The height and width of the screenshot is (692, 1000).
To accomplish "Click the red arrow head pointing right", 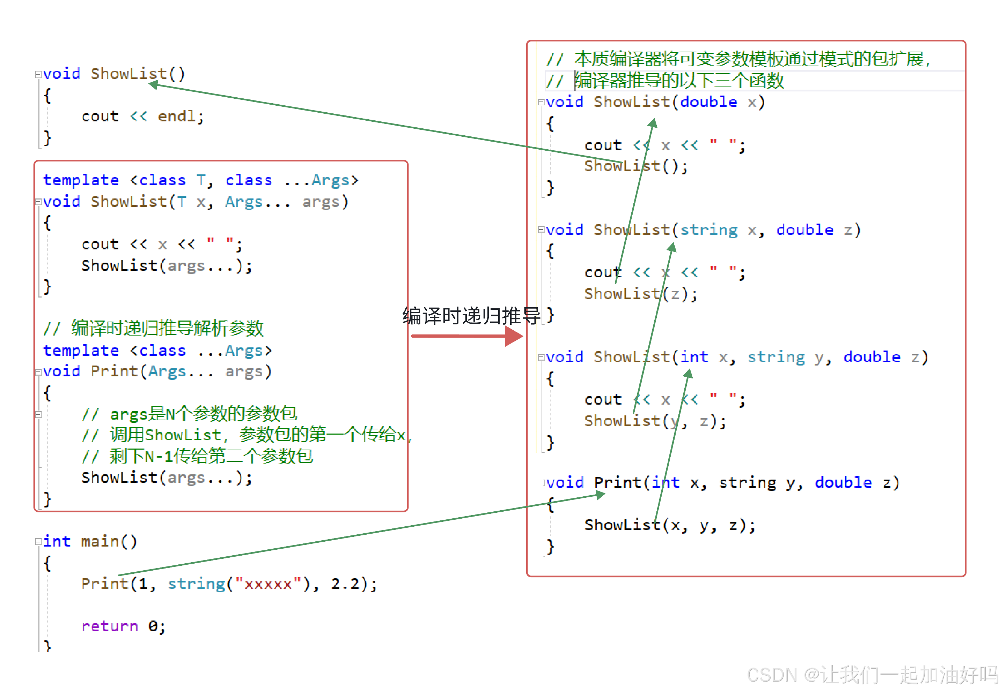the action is click(x=514, y=336).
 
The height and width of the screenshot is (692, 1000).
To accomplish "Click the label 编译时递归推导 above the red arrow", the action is click(x=471, y=316).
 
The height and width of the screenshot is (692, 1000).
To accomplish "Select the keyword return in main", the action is click(x=109, y=626).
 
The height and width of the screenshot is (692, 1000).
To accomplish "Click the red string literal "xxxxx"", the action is click(x=268, y=584).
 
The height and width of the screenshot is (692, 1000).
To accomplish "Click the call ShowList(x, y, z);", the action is click(x=670, y=525).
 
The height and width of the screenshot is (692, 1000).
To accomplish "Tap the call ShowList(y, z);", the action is click(x=655, y=421).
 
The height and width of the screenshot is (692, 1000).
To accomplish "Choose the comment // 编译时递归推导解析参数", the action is click(x=153, y=328).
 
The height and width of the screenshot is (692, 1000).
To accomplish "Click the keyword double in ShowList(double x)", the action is click(x=708, y=102).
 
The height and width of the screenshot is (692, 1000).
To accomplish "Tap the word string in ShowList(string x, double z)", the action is click(x=709, y=230).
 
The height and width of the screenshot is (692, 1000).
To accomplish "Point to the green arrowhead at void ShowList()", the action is click(x=153, y=84).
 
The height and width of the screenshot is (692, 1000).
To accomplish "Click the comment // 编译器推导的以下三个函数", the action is click(x=665, y=81).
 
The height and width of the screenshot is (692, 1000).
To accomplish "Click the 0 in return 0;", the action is click(x=153, y=626).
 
